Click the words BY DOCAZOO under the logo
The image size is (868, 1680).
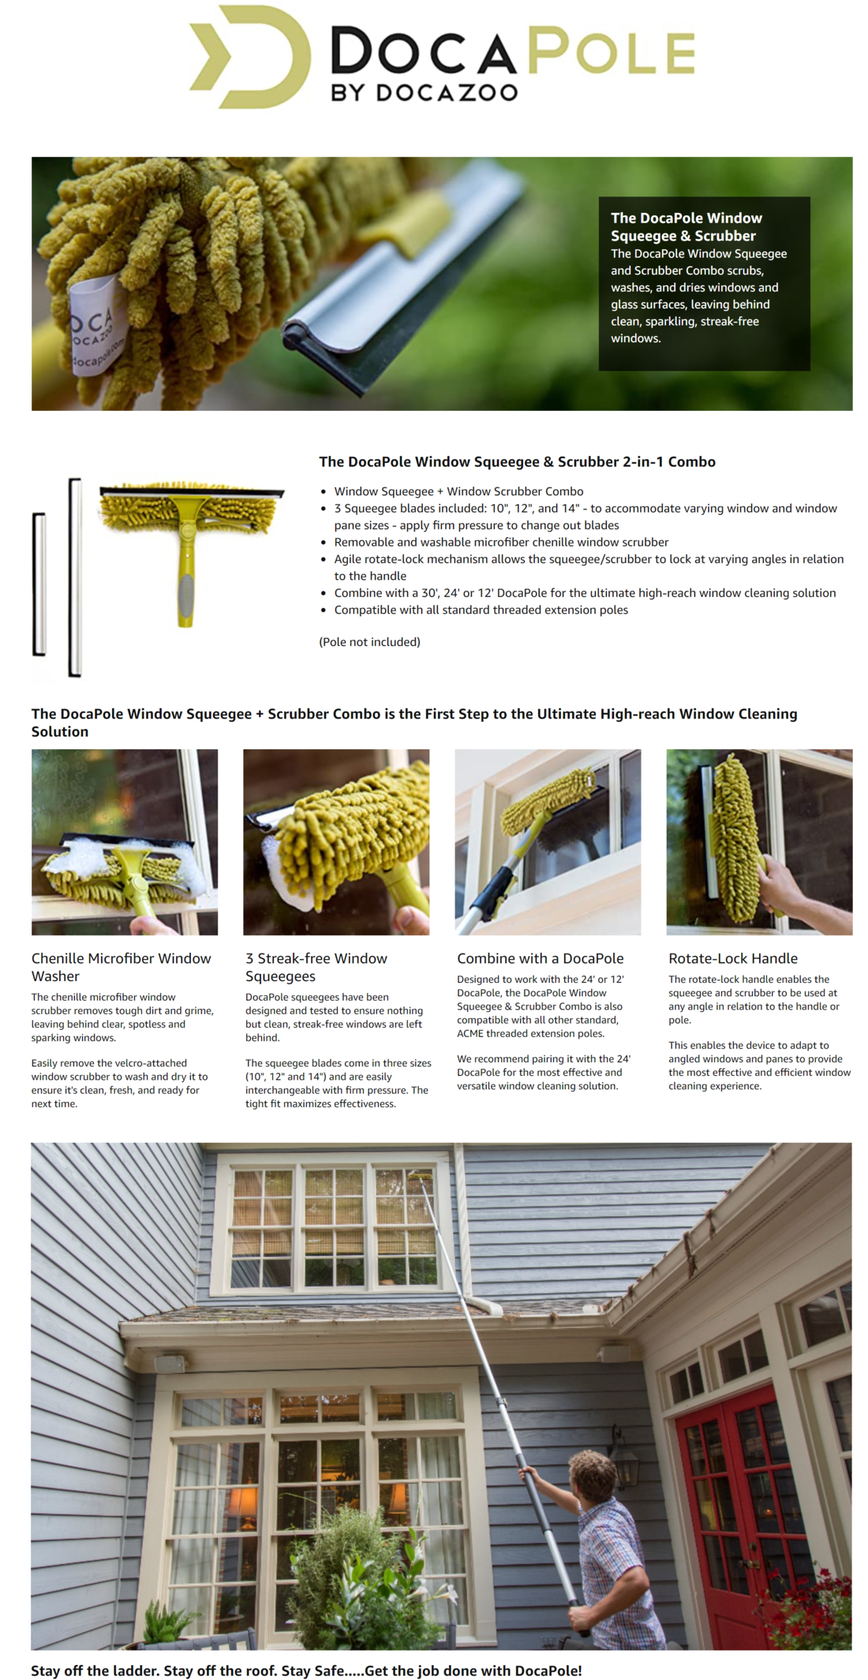tap(424, 92)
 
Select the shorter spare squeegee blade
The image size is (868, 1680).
tap(39, 584)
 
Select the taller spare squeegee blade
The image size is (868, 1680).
tap(75, 577)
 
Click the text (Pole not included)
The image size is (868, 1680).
tap(369, 642)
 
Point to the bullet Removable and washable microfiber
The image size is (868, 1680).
tap(500, 542)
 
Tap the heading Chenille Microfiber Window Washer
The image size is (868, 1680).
tap(121, 967)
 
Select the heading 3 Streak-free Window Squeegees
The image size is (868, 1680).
tap(316, 967)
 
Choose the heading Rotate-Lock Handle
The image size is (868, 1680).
tap(732, 958)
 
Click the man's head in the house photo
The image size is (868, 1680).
tap(592, 1473)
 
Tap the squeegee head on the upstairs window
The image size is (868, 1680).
tap(420, 1177)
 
